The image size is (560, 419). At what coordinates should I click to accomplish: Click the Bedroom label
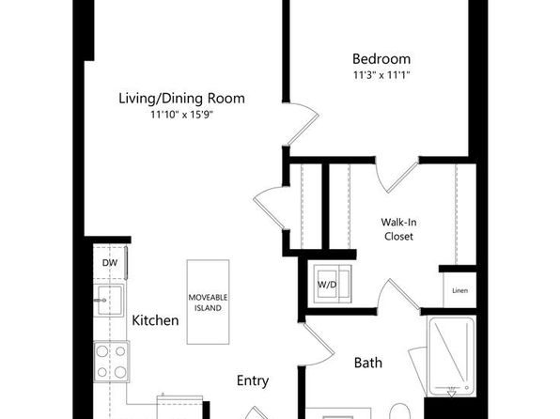[x=381, y=59]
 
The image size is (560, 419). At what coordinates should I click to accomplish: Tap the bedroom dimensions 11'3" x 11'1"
[x=381, y=75]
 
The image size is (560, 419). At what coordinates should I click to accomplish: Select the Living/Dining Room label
[x=181, y=99]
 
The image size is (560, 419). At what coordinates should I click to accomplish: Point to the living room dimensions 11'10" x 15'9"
[x=181, y=115]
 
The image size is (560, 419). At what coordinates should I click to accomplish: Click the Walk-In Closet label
[x=398, y=229]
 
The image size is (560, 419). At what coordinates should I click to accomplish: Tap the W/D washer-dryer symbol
[x=333, y=284]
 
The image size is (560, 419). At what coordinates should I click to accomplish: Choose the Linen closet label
[x=459, y=291]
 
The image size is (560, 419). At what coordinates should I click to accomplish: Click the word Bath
[x=368, y=363]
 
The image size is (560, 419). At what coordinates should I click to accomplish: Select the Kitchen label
[x=155, y=320]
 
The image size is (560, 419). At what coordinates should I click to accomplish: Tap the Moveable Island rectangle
[x=208, y=303]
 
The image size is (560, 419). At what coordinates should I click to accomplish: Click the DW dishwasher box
[x=110, y=263]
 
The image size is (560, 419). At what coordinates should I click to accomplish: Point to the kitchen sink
[x=109, y=300]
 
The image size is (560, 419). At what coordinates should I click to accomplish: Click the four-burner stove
[x=112, y=362]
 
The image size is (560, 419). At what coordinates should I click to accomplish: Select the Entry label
[x=253, y=380]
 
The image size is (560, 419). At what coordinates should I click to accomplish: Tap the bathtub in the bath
[x=452, y=357]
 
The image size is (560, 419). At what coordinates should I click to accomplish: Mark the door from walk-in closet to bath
[x=399, y=294]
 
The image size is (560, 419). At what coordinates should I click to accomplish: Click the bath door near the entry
[x=318, y=345]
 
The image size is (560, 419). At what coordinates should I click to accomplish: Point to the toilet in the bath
[x=399, y=411]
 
